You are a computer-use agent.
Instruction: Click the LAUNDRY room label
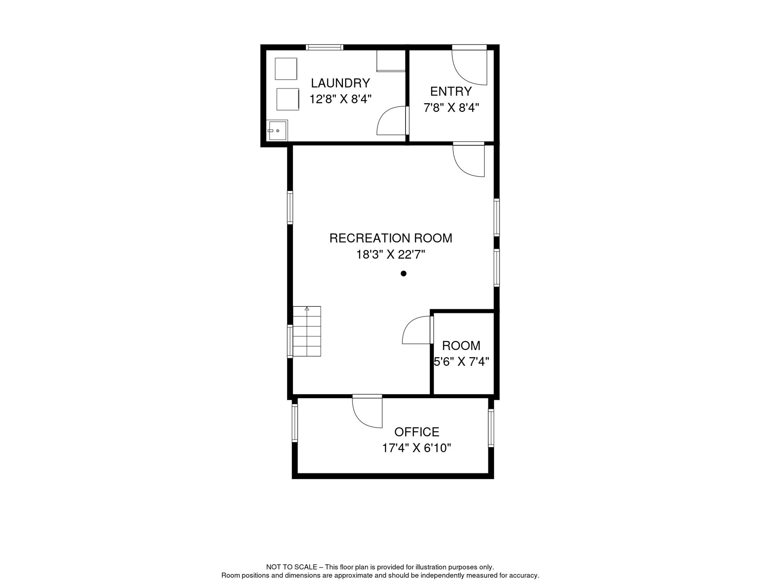tap(340, 83)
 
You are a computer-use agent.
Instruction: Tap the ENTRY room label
tap(451, 91)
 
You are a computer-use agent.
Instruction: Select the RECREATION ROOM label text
tap(391, 238)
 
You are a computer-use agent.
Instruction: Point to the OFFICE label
tap(417, 432)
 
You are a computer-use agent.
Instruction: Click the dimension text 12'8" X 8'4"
tap(340, 99)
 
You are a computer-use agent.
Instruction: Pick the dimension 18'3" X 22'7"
tap(391, 254)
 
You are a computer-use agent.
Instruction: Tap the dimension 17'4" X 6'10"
tap(417, 448)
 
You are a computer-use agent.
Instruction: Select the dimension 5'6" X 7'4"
tap(461, 362)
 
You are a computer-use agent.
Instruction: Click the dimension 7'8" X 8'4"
tap(451, 108)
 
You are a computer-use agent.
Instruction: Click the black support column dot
tap(403, 273)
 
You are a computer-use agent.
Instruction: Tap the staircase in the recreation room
tap(307, 331)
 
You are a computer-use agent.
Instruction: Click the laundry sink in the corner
tap(277, 131)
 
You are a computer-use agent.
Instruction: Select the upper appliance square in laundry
tap(286, 69)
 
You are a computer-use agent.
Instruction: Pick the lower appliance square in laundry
tap(288, 99)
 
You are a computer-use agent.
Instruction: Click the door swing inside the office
tap(367, 412)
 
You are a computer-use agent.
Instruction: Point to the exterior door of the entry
tap(469, 65)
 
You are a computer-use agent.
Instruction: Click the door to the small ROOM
tap(418, 330)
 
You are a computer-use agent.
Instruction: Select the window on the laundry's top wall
tap(325, 47)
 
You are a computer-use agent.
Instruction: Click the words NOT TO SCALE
tap(292, 567)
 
